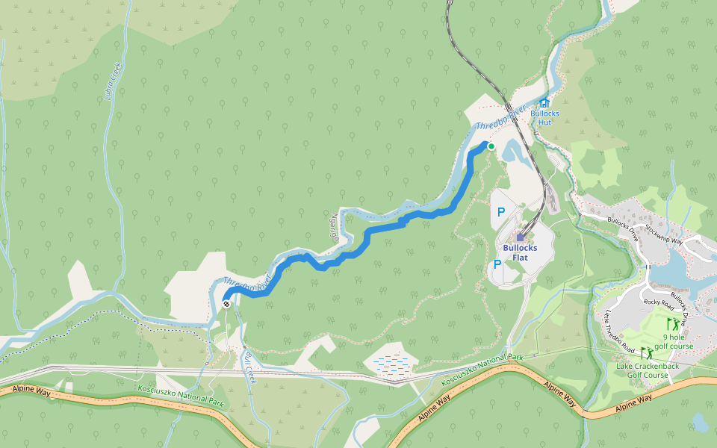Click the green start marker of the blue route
[x=491, y=146]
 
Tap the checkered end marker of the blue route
[x=226, y=304]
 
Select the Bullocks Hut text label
[x=544, y=117]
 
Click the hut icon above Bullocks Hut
[x=544, y=103]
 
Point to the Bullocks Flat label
[x=520, y=252]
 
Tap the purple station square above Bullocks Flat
[x=521, y=237]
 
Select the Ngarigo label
[x=335, y=224]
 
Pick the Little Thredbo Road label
[x=620, y=332]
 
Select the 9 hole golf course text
[x=674, y=341]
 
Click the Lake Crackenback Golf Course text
[x=642, y=370]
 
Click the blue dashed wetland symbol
[x=390, y=363]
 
